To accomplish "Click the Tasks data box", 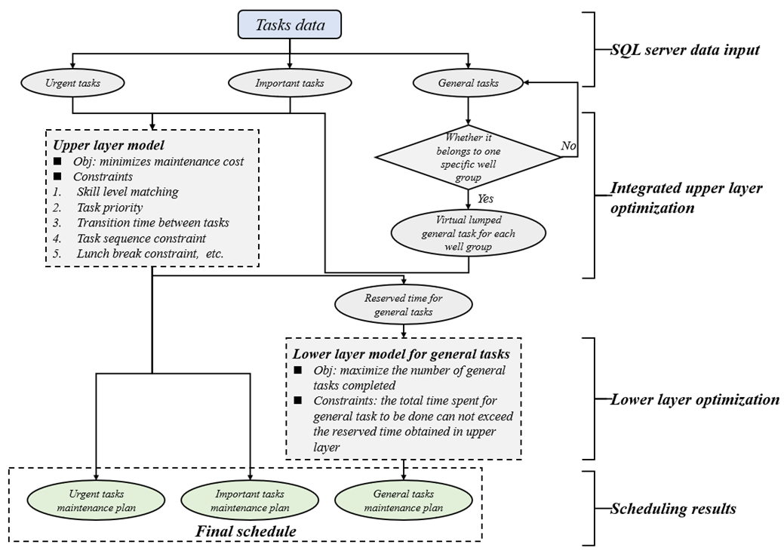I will coord(290,25).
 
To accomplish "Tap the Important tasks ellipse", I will coord(291,83).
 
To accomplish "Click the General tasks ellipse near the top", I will coord(468,83).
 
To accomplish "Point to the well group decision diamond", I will coord(468,157).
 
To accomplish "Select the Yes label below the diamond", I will coord(485,199).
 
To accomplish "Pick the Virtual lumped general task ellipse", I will coord(469,233).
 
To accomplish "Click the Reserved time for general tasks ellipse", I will coord(404,305).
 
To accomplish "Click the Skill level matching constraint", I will coord(127,192).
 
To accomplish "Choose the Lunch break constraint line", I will coord(149,253).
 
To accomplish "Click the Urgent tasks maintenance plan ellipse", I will coord(96,501).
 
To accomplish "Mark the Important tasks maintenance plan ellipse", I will coord(250,501).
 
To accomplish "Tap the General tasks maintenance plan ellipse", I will coord(404,501).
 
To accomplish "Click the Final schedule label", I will coord(246,531).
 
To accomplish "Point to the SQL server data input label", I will coord(684,51).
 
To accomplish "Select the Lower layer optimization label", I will coord(694,399).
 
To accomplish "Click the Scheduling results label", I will coord(673,509).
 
